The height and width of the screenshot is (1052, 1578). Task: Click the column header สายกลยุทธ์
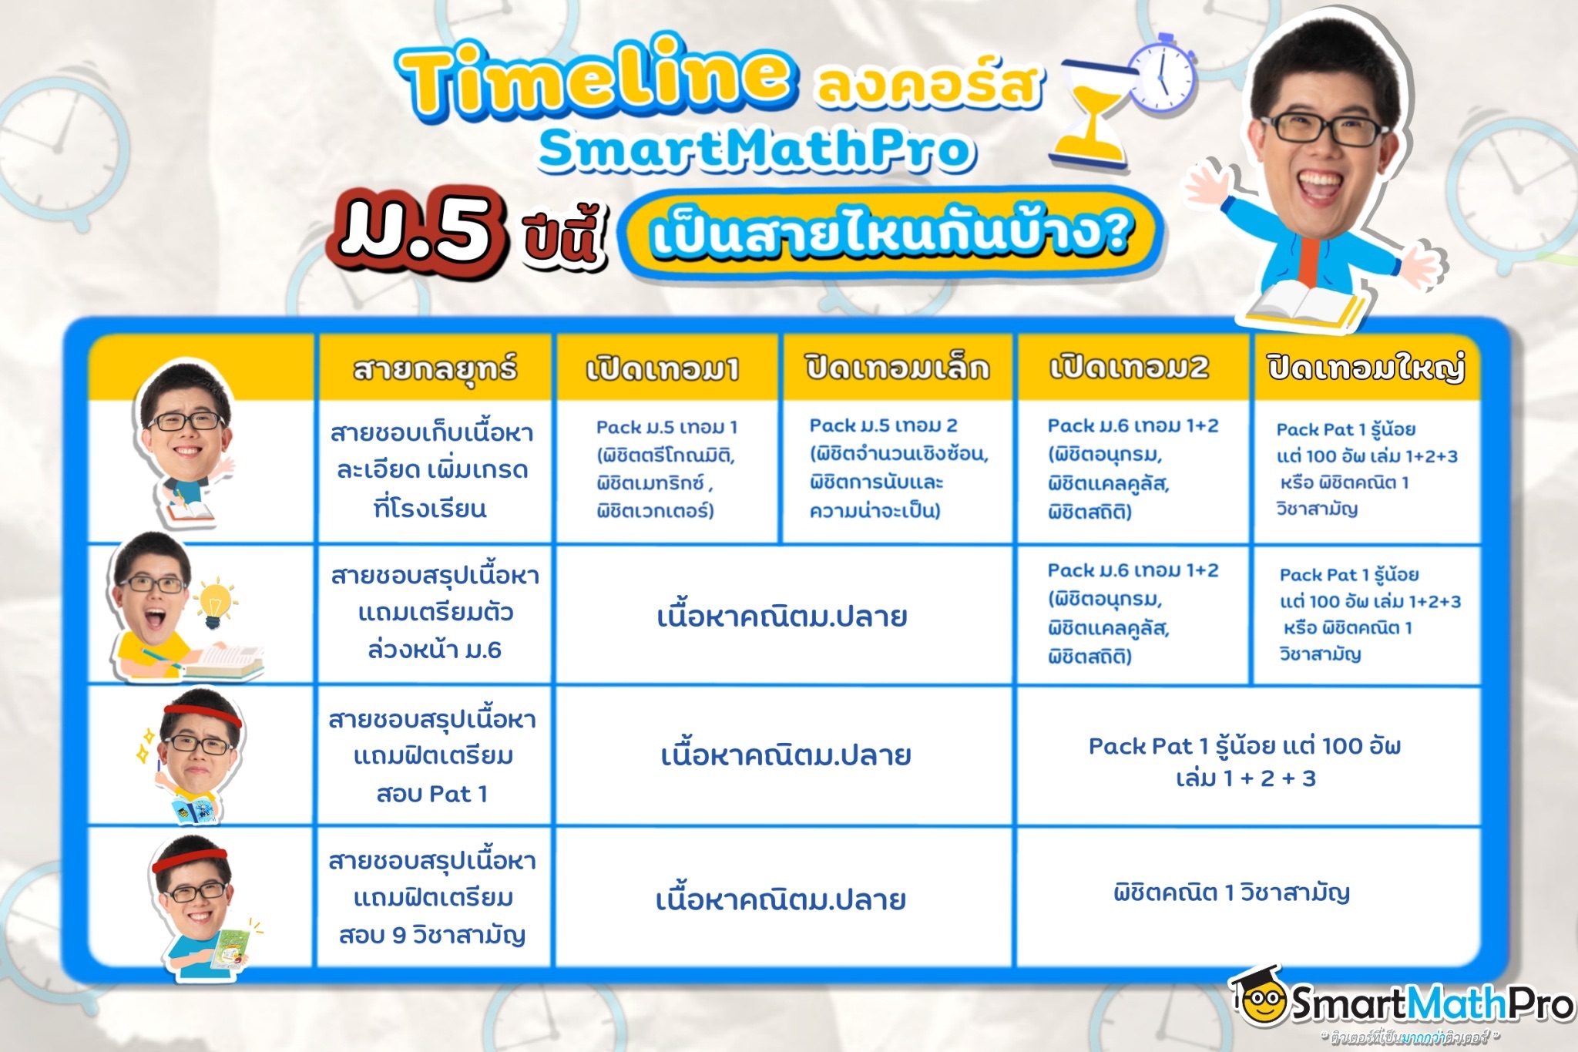tap(435, 369)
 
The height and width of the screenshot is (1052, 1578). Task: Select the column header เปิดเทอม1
tap(663, 369)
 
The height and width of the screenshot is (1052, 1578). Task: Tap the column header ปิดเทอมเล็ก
tap(898, 368)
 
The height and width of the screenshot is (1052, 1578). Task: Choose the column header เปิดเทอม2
tap(1130, 368)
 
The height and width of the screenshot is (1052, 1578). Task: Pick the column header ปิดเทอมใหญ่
tap(1366, 368)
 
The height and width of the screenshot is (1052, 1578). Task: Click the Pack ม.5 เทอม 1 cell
tap(666, 469)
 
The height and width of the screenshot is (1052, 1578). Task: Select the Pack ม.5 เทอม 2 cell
tap(898, 468)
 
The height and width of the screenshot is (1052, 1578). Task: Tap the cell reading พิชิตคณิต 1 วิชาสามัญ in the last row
tap(1231, 892)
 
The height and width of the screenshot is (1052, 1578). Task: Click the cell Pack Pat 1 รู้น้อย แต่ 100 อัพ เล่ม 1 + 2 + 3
tap(1245, 761)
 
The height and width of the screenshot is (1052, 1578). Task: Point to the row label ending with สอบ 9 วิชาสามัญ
tap(433, 898)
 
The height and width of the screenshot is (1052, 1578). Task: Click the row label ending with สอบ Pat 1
tap(432, 756)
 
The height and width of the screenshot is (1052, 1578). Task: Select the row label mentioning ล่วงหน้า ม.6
tap(435, 613)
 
